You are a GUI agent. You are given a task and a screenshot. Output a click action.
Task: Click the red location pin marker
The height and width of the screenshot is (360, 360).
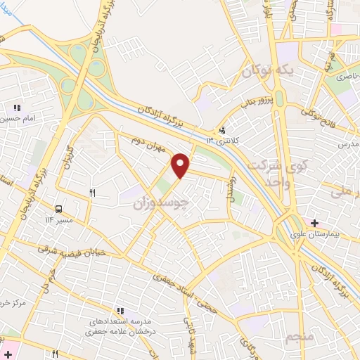click(181, 165)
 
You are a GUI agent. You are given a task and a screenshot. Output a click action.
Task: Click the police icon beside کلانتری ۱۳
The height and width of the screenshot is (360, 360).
click(222, 129)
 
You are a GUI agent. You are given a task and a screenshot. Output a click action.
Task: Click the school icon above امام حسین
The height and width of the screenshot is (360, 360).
click(17, 108)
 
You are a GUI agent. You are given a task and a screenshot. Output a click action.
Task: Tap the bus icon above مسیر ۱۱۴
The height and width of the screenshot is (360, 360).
click(59, 208)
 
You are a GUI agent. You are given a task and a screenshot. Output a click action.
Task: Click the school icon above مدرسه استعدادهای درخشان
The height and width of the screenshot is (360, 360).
click(120, 309)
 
